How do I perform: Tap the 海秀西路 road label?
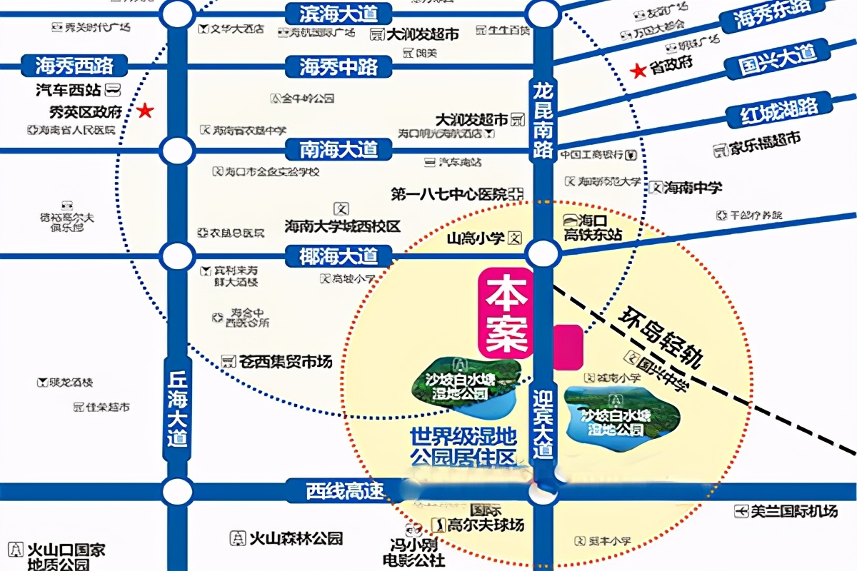point(75,66)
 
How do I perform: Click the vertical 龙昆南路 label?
point(543,118)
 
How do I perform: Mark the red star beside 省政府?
point(636,70)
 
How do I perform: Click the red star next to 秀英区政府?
point(146,111)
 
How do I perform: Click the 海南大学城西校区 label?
point(343,226)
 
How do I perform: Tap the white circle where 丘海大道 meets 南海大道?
point(177,151)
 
